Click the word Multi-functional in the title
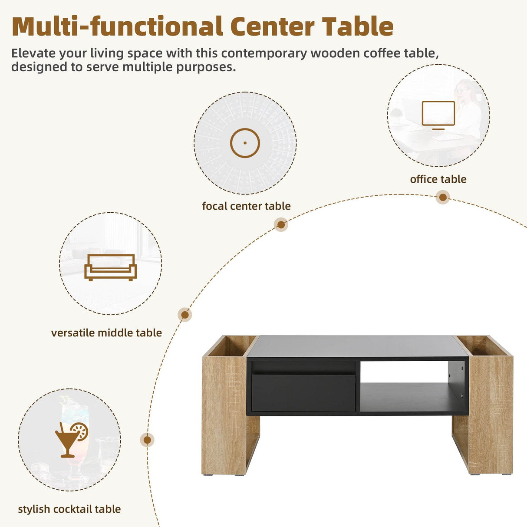pyautogui.click(x=117, y=27)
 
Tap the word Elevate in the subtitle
pyautogui.click(x=34, y=53)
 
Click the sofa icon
pyautogui.click(x=110, y=267)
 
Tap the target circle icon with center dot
pyautogui.click(x=245, y=143)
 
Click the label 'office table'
pyautogui.click(x=438, y=179)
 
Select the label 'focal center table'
pyautogui.click(x=246, y=206)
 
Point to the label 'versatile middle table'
pyautogui.click(x=106, y=333)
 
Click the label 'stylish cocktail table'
pyautogui.click(x=69, y=509)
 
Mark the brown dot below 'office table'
pyautogui.click(x=443, y=198)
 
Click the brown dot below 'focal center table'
pyautogui.click(x=281, y=224)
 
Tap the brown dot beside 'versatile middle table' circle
pyautogui.click(x=185, y=315)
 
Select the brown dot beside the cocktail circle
pyautogui.click(x=147, y=440)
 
